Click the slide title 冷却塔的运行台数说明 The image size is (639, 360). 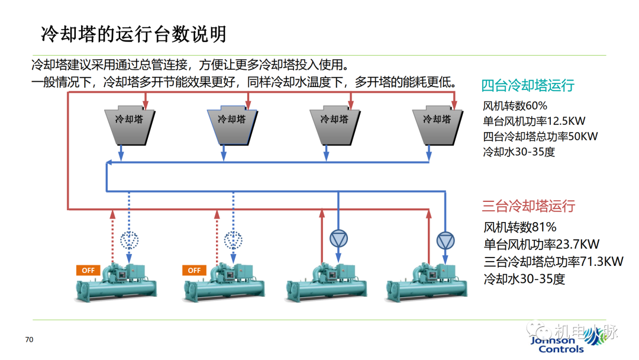pyautogui.click(x=133, y=34)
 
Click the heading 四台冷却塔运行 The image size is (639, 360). pyautogui.click(x=528, y=85)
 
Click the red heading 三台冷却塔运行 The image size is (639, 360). pyautogui.click(x=528, y=206)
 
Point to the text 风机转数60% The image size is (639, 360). pyautogui.click(x=515, y=106)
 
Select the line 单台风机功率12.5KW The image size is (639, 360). pyautogui.click(x=534, y=121)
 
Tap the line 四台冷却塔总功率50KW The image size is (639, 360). pyautogui.click(x=540, y=136)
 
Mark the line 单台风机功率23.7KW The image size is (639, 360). pyautogui.click(x=541, y=244)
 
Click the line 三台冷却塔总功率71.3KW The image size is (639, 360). pyautogui.click(x=553, y=261)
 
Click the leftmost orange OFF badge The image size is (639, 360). pyautogui.click(x=88, y=270)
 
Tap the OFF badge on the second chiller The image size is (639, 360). pyautogui.click(x=194, y=270)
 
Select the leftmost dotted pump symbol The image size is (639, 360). pyautogui.click(x=130, y=240)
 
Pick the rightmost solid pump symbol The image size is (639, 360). pyautogui.click(x=444, y=240)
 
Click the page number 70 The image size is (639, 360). pyautogui.click(x=30, y=340)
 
